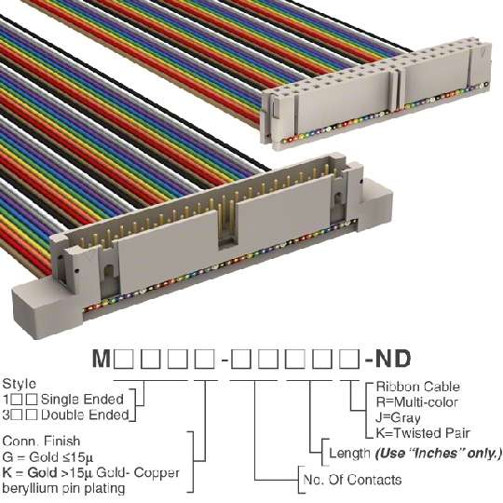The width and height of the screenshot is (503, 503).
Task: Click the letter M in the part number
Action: tap(102, 359)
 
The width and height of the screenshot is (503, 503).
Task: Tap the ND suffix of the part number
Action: tap(393, 359)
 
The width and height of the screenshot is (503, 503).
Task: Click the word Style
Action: tap(20, 384)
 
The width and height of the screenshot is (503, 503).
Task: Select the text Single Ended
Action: tap(83, 400)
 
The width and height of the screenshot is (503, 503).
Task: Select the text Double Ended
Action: tap(85, 415)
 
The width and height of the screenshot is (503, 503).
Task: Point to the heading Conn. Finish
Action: tap(41, 442)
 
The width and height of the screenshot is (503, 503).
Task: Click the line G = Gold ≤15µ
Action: tap(48, 456)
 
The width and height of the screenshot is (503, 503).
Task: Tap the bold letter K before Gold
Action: tap(7, 472)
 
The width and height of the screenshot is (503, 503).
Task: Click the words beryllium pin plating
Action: tap(63, 489)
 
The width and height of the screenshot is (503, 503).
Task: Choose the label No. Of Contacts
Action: tap(352, 480)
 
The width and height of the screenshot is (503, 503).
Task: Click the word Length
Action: tap(349, 454)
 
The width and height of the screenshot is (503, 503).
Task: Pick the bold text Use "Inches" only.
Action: tap(438, 454)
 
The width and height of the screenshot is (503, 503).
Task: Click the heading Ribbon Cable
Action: tap(417, 387)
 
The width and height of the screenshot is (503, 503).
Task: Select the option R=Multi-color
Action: tap(416, 402)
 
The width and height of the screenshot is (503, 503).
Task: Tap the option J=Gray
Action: tap(398, 417)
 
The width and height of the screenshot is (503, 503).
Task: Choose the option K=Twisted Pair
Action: tap(423, 433)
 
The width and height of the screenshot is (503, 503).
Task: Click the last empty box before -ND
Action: tap(349, 359)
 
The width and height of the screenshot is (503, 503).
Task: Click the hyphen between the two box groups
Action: tap(224, 360)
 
